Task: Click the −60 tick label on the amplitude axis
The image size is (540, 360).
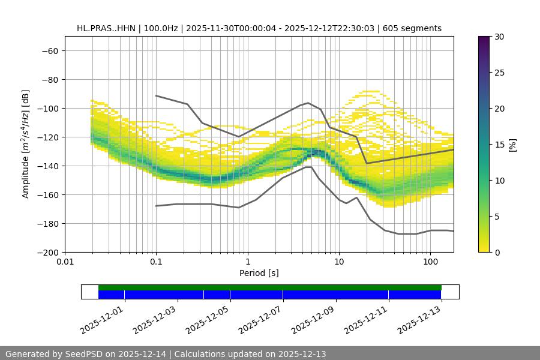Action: (x=49, y=50)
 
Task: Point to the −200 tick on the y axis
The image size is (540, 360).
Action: (x=47, y=252)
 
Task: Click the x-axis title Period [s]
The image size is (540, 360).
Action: (x=259, y=273)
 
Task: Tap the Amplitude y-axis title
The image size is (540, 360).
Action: (x=26, y=144)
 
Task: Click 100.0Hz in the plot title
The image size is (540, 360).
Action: (x=161, y=28)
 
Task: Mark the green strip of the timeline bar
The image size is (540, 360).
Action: (x=270, y=287)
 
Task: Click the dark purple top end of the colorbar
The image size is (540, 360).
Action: (x=484, y=40)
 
